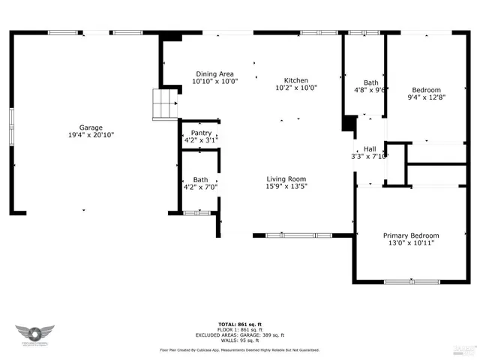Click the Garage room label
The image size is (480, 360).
pyautogui.click(x=91, y=127)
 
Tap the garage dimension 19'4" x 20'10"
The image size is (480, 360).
pyautogui.click(x=91, y=135)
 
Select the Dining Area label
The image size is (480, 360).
pyautogui.click(x=214, y=73)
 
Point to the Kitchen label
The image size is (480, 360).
pyautogui.click(x=295, y=80)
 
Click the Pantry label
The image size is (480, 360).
pyautogui.click(x=201, y=133)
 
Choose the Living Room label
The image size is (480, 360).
pyautogui.click(x=287, y=178)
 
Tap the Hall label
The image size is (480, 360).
pyautogui.click(x=370, y=148)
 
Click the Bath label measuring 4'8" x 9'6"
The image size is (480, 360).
pyautogui.click(x=371, y=82)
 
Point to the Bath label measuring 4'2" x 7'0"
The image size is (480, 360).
pyautogui.click(x=200, y=180)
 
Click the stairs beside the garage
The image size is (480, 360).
pyautogui.click(x=164, y=103)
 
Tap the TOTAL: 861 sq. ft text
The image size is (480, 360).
pyautogui.click(x=239, y=323)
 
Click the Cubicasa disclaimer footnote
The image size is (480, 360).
pyautogui.click(x=239, y=349)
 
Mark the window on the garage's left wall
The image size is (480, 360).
pyautogui.click(x=11, y=127)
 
